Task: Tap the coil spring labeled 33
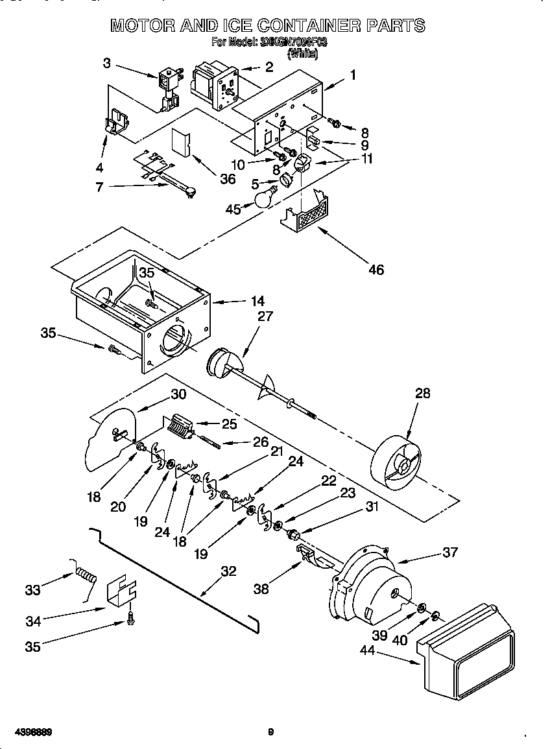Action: pos(86,573)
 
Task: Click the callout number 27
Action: pos(265,316)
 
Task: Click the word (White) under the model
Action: pos(302,54)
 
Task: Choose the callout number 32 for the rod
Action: pos(228,571)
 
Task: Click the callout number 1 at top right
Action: pos(353,75)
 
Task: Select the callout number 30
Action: pos(178,394)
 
